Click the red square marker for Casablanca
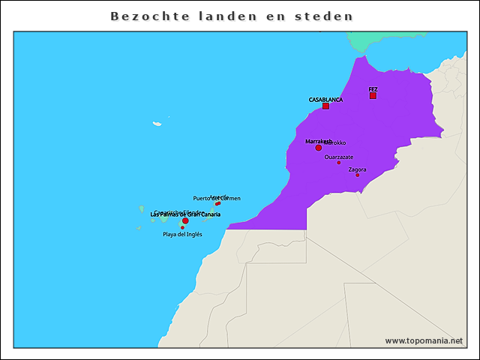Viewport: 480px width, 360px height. (325, 106)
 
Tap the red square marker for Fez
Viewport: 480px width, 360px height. (373, 95)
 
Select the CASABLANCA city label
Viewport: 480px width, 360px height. (325, 99)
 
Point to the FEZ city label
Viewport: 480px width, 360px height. (373, 89)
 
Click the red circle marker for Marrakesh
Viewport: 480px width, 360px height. (318, 148)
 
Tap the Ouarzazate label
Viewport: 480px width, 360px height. (339, 157)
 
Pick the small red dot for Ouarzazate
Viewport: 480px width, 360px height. (338, 163)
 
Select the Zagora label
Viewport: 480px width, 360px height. (358, 169)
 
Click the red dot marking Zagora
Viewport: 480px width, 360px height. (358, 175)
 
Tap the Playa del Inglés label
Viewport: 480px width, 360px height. (182, 234)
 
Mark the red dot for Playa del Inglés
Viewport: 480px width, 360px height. (182, 227)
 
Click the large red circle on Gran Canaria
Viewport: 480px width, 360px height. (185, 220)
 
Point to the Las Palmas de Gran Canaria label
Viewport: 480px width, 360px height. (185, 214)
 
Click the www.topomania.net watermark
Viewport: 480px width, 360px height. (424, 340)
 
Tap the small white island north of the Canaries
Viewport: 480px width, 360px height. (157, 124)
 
